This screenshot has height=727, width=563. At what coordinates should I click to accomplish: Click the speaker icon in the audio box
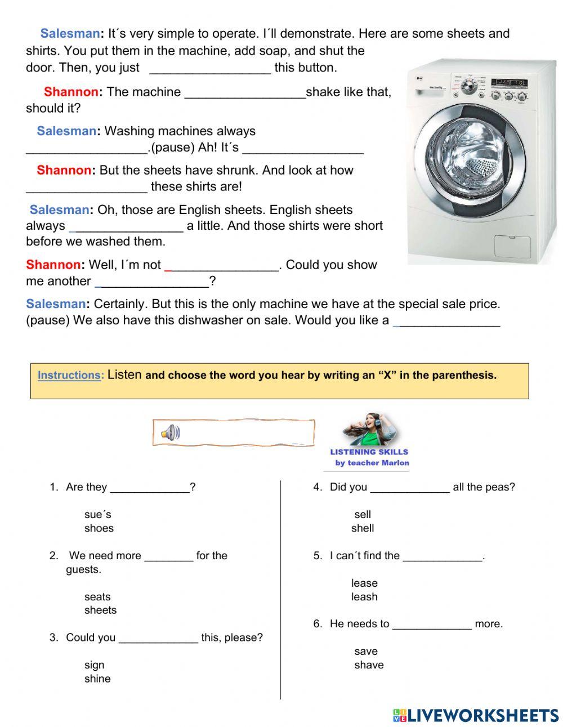[170, 432]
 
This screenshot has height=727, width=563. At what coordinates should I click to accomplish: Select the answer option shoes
[99, 528]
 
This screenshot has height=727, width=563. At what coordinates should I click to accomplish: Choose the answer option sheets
[100, 610]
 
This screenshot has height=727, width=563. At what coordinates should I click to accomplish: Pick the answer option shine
[97, 679]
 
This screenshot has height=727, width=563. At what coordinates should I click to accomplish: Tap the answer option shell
[363, 528]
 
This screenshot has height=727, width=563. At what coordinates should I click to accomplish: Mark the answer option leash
[364, 596]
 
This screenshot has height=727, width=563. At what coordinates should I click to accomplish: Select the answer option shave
[369, 664]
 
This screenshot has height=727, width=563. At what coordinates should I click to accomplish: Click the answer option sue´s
[98, 514]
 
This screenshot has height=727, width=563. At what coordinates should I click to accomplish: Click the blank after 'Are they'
[150, 488]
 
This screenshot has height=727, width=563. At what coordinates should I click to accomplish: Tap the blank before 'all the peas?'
[410, 488]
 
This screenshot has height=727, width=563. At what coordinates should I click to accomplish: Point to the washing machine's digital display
[509, 83]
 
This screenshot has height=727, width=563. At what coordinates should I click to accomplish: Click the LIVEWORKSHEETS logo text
[482, 715]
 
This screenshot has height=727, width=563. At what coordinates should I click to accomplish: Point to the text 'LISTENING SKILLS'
[369, 452]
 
